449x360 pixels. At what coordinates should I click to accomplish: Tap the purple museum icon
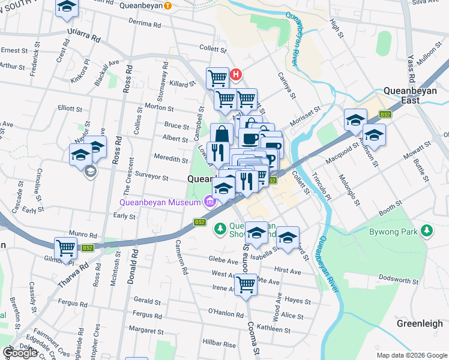209,202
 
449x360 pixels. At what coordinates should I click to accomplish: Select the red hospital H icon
236,74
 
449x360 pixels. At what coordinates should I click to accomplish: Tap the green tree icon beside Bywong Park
427,230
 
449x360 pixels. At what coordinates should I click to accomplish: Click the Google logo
20,353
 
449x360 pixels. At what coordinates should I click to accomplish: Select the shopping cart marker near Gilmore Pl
65,248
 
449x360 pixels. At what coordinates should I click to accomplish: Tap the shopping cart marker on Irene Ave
246,285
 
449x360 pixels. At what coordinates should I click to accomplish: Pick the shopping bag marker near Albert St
221,134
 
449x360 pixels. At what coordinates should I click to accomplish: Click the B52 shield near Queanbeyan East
385,115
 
